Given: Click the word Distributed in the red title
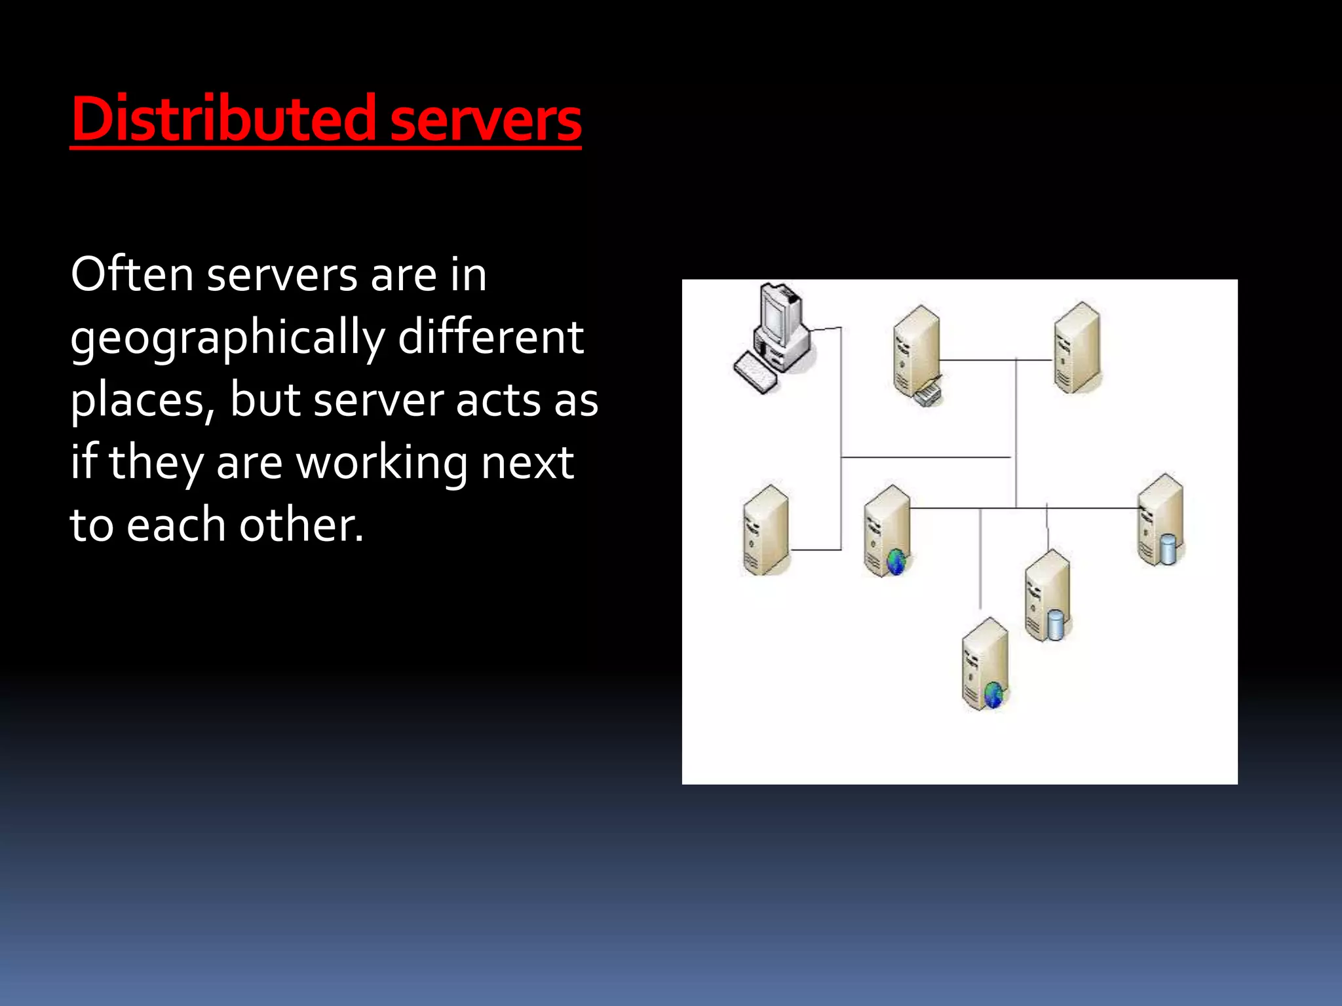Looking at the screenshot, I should [x=223, y=119].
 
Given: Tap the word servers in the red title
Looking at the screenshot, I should [x=486, y=121].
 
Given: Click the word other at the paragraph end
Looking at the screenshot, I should [x=301, y=525].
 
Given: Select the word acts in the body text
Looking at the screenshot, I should [x=498, y=400].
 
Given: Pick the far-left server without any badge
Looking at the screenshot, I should [x=765, y=531].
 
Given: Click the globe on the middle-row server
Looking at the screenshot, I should [x=896, y=561].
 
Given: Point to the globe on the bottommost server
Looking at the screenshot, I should [x=993, y=694].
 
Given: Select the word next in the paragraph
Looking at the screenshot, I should [x=527, y=463].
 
